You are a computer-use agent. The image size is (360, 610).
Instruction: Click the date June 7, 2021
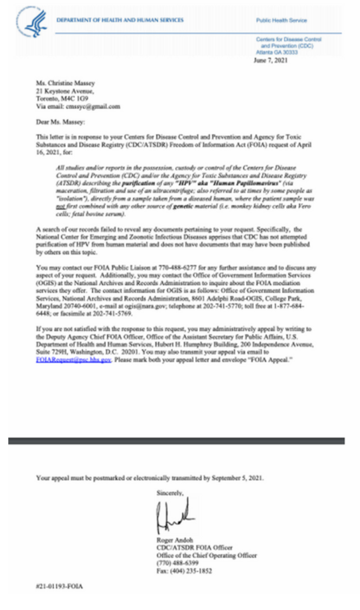coord(271,60)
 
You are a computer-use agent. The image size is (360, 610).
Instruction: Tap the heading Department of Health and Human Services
coord(120,20)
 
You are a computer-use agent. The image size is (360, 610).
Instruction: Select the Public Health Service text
coord(281,21)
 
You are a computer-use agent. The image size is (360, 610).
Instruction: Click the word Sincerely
coord(170,493)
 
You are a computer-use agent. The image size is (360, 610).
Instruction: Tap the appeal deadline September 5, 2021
coord(237,478)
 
